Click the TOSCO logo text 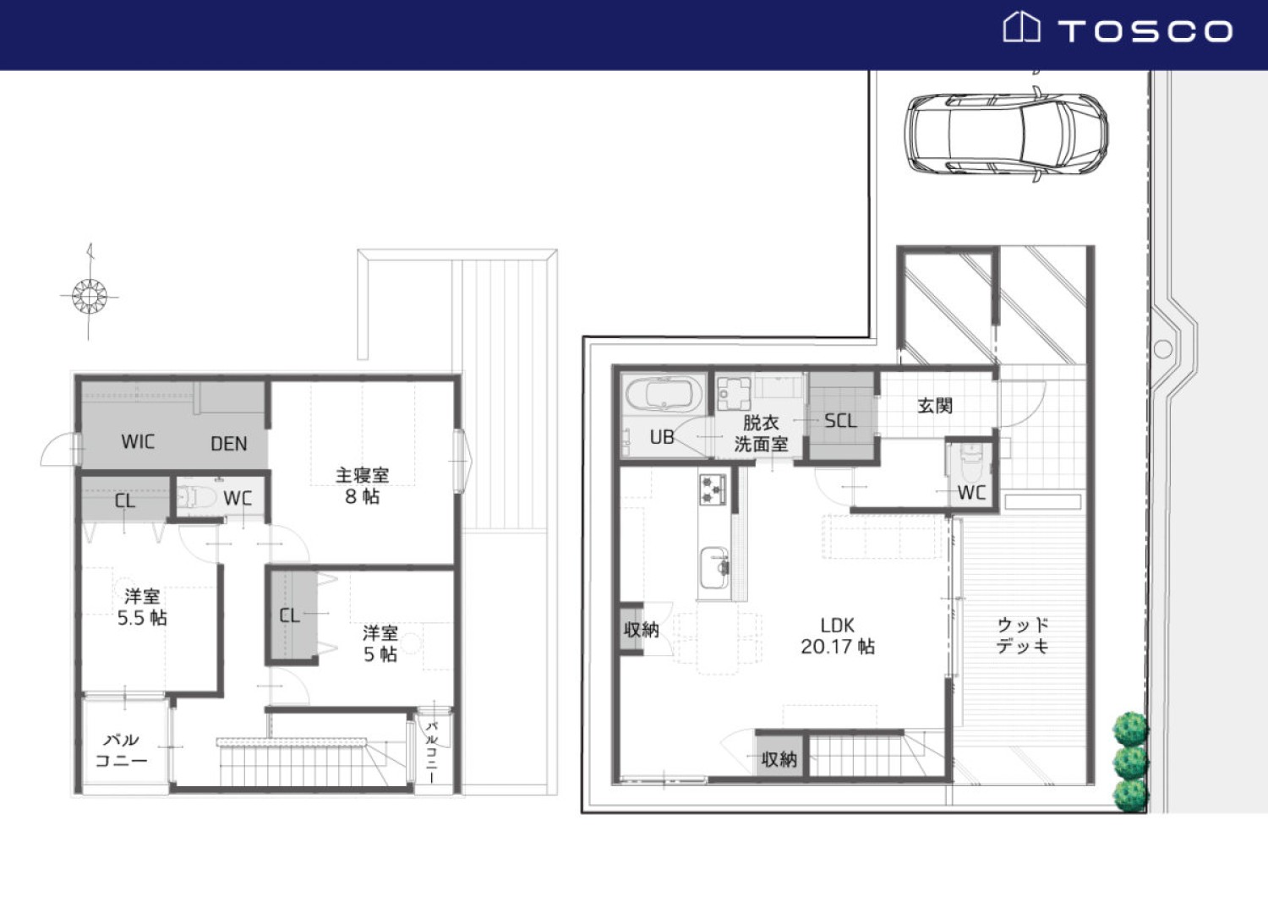1145,31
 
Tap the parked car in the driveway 1006,134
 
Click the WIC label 138,441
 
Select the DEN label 229,444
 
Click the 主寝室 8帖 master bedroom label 363,485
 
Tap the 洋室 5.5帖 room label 142,607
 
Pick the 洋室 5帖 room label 380,643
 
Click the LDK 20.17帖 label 838,636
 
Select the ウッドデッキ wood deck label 1023,636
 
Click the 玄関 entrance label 935,405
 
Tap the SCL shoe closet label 840,420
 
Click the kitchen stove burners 713,489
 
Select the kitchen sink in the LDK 714,568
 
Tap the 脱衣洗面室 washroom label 761,433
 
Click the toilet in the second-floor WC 194,496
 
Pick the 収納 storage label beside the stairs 779,759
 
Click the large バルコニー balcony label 121,749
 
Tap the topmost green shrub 1130,729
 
